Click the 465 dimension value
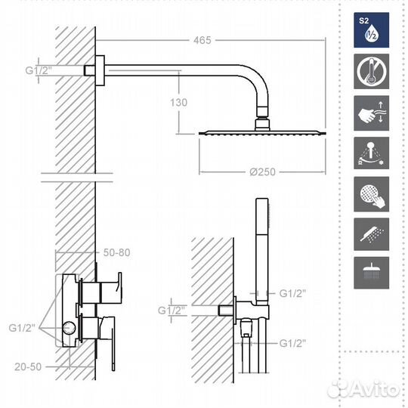(202, 40)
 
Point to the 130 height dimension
(178, 102)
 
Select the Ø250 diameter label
(262, 172)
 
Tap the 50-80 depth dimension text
(116, 252)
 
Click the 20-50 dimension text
(28, 366)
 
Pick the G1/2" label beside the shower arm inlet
(39, 70)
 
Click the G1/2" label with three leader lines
(22, 328)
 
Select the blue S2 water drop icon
(371, 30)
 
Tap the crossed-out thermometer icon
(371, 71)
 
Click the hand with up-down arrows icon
(371, 113)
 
